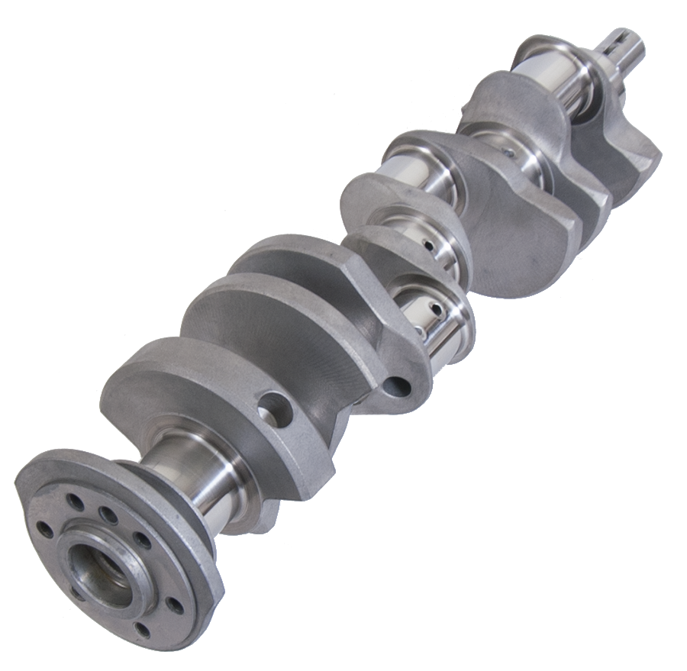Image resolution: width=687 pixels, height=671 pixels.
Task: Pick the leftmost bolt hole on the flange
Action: click(x=45, y=528)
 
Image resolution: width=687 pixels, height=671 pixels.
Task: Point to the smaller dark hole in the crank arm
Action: click(x=397, y=386)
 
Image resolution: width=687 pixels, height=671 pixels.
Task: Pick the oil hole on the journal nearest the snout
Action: click(x=505, y=153)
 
